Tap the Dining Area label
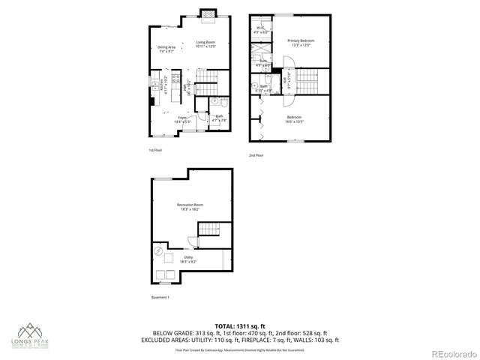[x=166, y=49]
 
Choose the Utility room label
[x=188, y=259]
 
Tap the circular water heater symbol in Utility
[x=160, y=252]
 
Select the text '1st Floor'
[x=155, y=150]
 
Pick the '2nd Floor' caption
[x=256, y=155]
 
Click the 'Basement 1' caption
[x=160, y=298]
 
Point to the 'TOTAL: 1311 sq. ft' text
[x=240, y=325]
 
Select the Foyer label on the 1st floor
[x=181, y=118]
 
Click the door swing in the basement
[x=190, y=241]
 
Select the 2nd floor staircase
[x=310, y=77]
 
